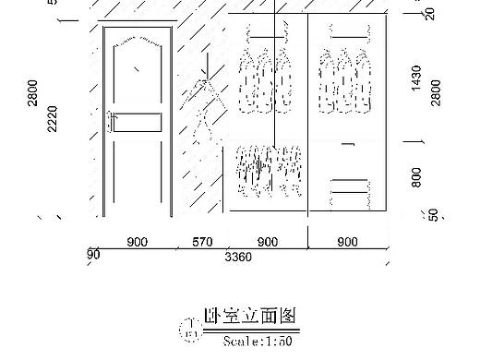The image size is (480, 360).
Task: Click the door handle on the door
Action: [x=110, y=121]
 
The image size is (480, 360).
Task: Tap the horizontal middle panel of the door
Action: [x=137, y=122]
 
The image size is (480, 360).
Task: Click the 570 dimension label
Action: [x=202, y=243]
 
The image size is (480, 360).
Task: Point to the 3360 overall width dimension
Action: [x=238, y=258]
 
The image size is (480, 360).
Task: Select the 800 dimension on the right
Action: [x=416, y=174]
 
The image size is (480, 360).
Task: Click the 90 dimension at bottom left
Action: [x=93, y=255]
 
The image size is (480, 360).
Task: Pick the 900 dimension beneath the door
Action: [x=137, y=243]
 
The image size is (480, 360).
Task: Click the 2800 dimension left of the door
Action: [x=34, y=93]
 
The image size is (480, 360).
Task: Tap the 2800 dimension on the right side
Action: [x=436, y=93]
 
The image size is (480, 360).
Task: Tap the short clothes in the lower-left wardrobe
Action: [x=270, y=171]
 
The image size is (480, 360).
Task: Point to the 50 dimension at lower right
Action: [x=434, y=214]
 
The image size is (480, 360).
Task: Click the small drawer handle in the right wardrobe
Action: [x=347, y=144]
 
